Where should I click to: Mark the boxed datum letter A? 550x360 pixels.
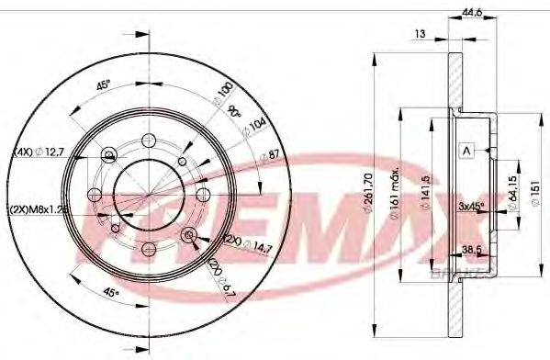pyautogui.click(x=466, y=151)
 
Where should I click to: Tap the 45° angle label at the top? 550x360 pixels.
pyautogui.click(x=104, y=88)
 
